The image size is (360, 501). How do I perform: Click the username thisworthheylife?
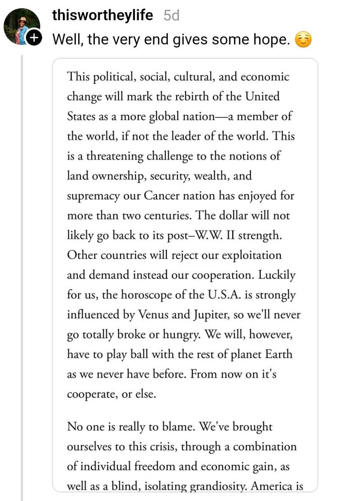102,15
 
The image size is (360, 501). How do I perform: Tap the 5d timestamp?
172,16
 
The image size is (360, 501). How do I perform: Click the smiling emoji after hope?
303,40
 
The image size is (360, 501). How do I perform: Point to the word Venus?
154,314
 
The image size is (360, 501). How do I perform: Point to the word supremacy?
93,196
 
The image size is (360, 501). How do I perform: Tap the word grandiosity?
218,487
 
